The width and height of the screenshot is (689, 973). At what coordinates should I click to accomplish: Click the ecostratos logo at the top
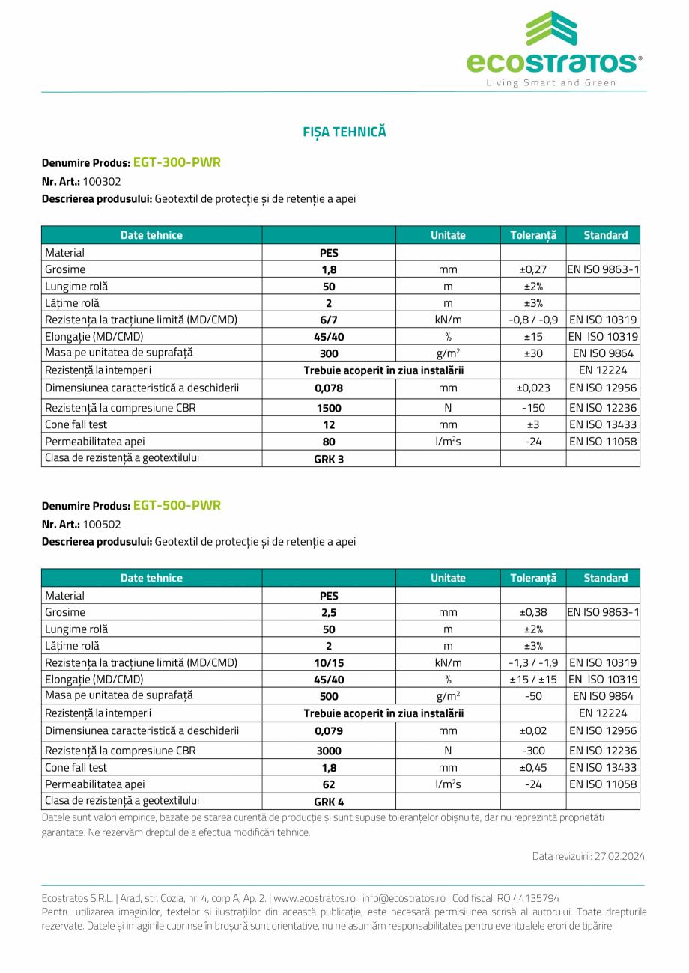pyautogui.click(x=554, y=49)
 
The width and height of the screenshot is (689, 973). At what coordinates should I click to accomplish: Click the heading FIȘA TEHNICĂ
pyautogui.click(x=344, y=132)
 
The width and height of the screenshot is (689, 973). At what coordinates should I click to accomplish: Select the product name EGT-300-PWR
pyautogui.click(x=177, y=162)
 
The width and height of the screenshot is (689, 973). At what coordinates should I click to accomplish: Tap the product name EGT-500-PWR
pyautogui.click(x=177, y=505)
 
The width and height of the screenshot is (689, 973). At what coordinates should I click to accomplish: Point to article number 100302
pyautogui.click(x=102, y=181)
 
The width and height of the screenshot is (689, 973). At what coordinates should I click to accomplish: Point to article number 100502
pyautogui.click(x=102, y=525)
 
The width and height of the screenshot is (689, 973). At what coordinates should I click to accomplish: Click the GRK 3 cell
pyautogui.click(x=329, y=459)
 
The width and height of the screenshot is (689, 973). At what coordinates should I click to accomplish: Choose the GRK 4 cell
pyautogui.click(x=329, y=802)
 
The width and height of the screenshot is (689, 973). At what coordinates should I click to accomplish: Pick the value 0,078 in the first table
pyautogui.click(x=329, y=388)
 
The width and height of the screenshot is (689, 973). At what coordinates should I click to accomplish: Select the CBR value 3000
pyautogui.click(x=329, y=750)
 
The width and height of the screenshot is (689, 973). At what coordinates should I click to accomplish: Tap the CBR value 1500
pyautogui.click(x=329, y=407)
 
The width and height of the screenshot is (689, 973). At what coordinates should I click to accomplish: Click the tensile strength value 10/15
pyautogui.click(x=329, y=662)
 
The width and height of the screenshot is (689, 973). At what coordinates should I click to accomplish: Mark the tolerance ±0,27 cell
pyautogui.click(x=532, y=269)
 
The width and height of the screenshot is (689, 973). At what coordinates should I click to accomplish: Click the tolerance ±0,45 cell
pyautogui.click(x=532, y=767)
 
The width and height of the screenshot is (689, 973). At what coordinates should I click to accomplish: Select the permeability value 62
pyautogui.click(x=329, y=784)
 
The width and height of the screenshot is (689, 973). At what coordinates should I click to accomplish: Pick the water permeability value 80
pyautogui.click(x=329, y=442)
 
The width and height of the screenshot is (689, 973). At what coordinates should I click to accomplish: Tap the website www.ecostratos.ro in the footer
pyautogui.click(x=315, y=898)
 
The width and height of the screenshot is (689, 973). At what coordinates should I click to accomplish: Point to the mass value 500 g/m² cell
pyautogui.click(x=329, y=697)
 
